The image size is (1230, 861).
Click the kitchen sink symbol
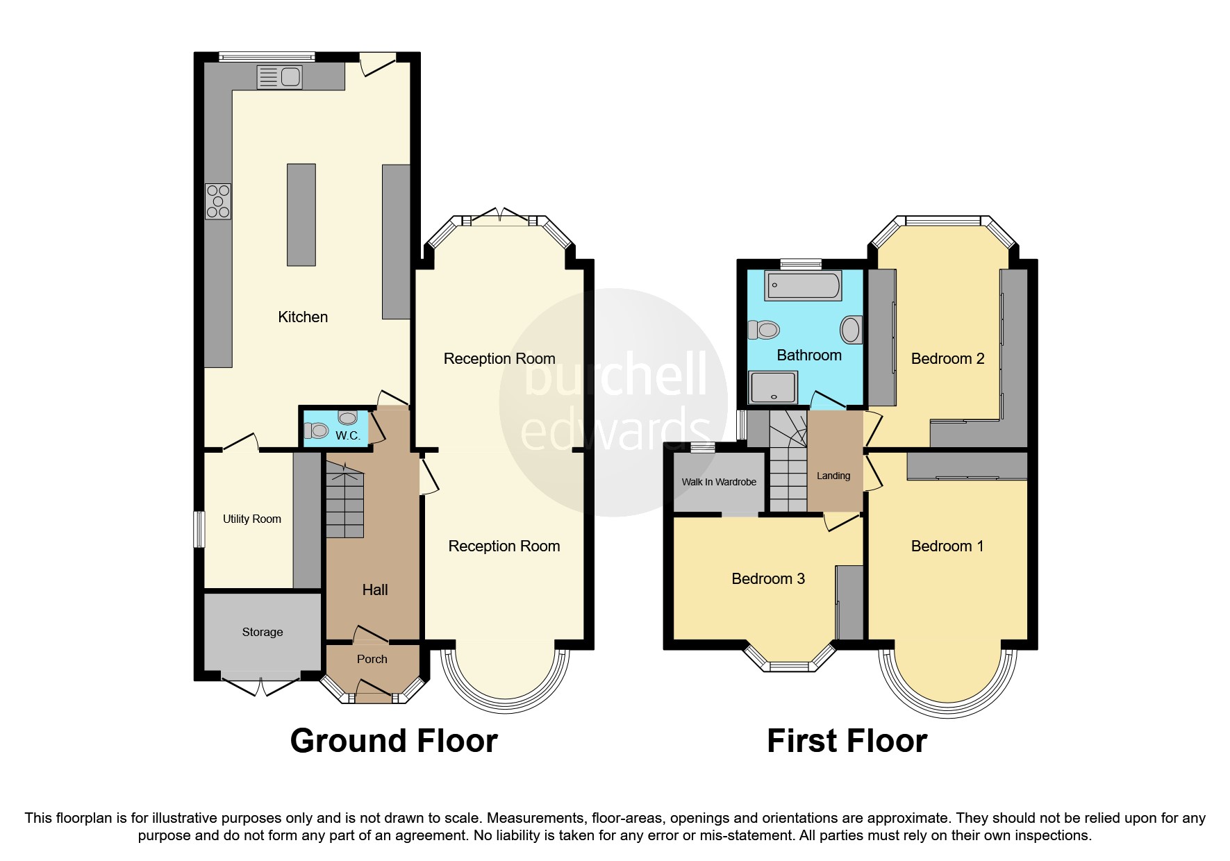point(279,77)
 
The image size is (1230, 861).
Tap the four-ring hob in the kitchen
point(217,201)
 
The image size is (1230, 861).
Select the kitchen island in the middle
point(301,215)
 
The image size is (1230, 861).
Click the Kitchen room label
point(303,317)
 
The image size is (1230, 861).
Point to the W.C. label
point(347,436)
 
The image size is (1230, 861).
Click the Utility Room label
point(251,519)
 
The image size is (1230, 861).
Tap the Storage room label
point(262,633)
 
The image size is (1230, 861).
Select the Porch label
point(372,660)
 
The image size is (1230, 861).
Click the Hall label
point(374,590)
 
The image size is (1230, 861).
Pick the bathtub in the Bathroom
point(803,285)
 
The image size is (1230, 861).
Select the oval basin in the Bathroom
point(851,329)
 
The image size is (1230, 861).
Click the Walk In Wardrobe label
point(718,482)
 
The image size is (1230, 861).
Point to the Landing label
point(833,476)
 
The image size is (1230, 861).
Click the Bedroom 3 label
point(767,579)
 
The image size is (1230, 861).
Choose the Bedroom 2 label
point(947,359)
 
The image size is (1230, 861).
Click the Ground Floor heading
point(393,742)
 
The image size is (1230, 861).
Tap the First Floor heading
point(846,742)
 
